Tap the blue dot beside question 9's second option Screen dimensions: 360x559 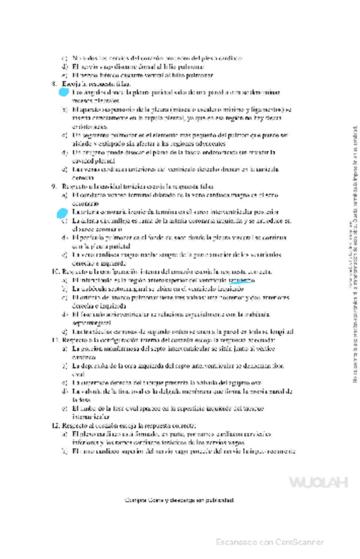(x=63, y=212)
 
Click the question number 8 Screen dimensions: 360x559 (x=54, y=84)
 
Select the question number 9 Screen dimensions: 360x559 (x=54, y=187)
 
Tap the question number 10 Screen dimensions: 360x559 (x=55, y=271)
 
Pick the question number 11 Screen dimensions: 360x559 (x=55, y=339)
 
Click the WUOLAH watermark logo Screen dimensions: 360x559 (x=318, y=483)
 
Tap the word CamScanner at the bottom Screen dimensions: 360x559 (x=297, y=542)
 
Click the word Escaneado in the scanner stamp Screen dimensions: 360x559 (x=237, y=542)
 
